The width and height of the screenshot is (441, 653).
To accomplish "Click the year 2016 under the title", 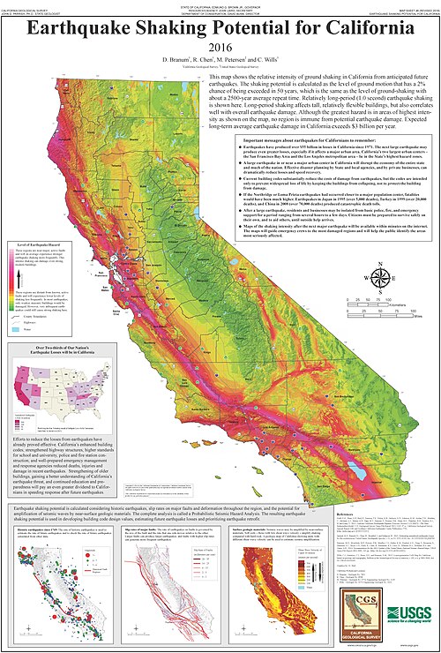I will (x=220, y=49).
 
